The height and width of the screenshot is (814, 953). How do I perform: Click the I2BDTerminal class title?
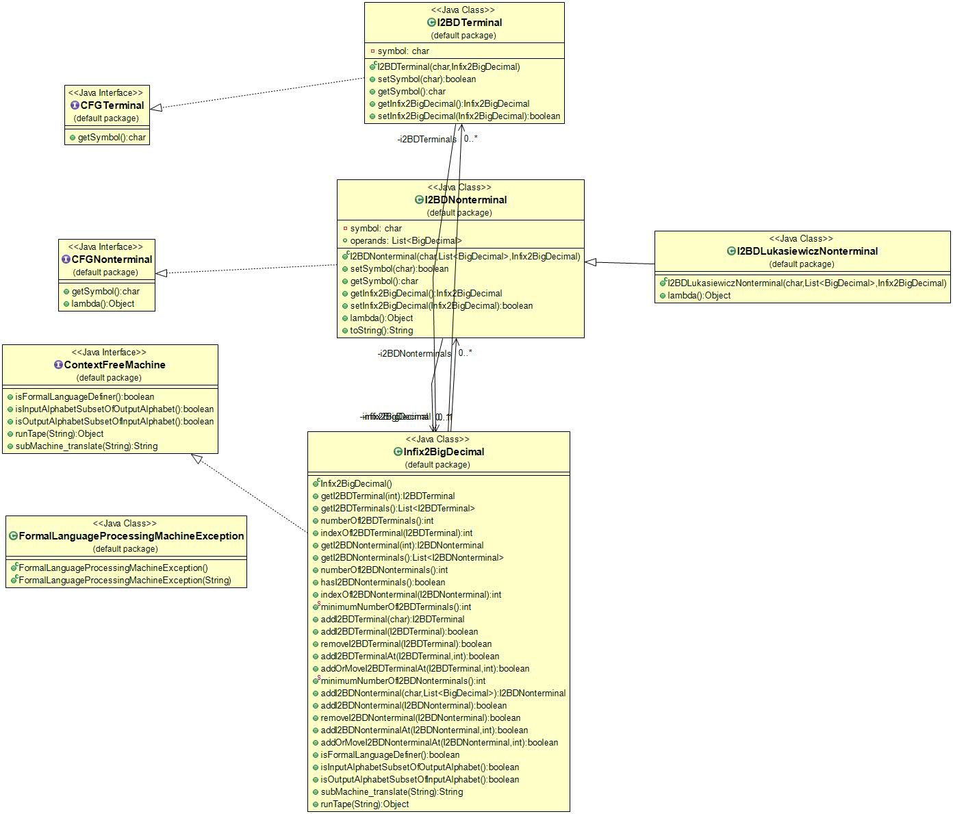[469, 23]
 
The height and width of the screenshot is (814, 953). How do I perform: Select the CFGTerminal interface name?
[112, 105]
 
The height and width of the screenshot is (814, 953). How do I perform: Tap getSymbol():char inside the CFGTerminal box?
[111, 138]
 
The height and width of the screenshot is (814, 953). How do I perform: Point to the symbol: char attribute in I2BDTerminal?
[403, 51]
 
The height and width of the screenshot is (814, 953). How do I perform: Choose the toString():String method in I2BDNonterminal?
[381, 331]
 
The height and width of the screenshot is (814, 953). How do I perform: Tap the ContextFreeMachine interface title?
[114, 365]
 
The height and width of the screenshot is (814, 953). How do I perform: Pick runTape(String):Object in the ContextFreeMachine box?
[59, 434]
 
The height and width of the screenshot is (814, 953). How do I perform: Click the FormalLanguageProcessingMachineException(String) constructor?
[125, 581]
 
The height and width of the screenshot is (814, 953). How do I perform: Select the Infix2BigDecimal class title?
[443, 452]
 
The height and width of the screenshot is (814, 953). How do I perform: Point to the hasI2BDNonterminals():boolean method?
[382, 583]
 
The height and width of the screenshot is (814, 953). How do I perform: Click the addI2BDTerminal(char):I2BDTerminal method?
[392, 620]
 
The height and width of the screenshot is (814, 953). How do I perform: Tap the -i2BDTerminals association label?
[427, 140]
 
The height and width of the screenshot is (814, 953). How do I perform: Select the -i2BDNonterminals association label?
[414, 354]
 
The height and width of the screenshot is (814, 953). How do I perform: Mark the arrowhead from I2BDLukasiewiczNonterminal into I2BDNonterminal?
[591, 262]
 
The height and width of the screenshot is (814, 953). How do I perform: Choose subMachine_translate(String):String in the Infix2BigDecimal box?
[391, 792]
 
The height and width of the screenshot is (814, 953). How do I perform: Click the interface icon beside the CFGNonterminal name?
[66, 259]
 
